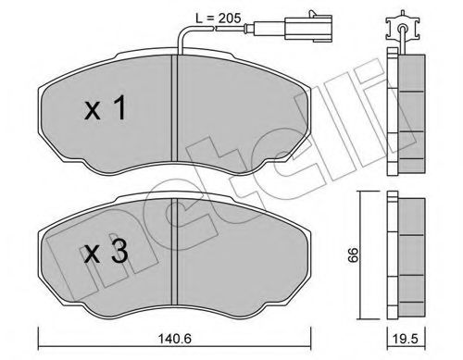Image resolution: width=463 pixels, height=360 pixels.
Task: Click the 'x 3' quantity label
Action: [x=106, y=252]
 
